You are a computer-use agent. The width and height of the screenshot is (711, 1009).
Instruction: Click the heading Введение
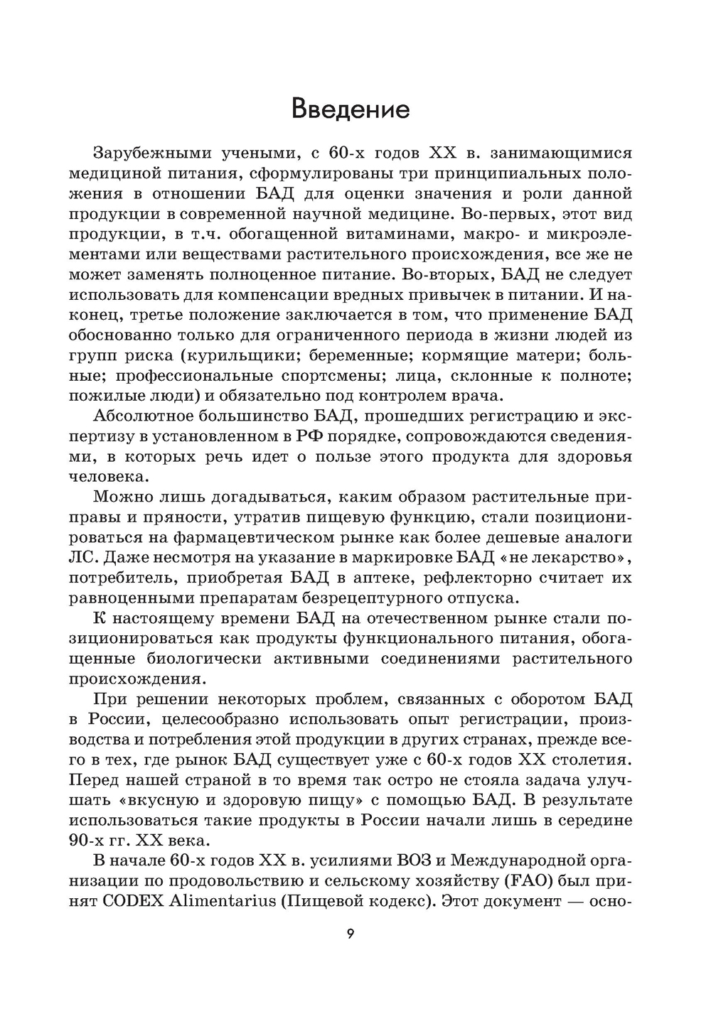coord(351,109)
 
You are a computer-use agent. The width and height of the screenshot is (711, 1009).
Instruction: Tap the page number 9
coord(350,953)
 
